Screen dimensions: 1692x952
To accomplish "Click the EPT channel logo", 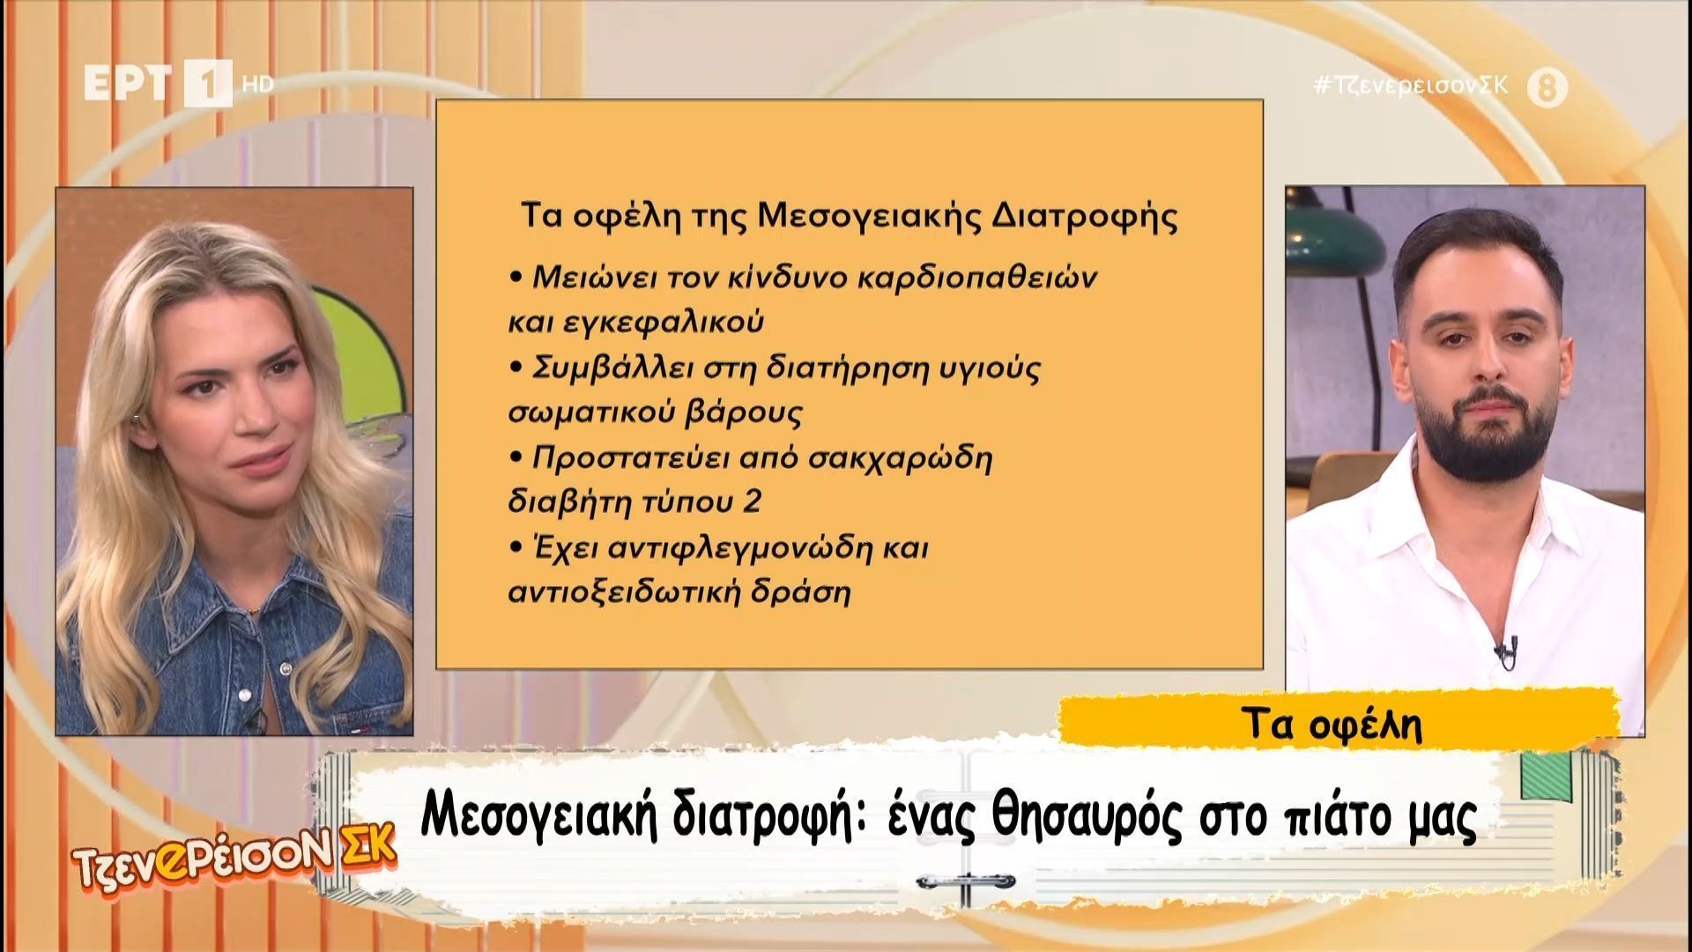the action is click(159, 83).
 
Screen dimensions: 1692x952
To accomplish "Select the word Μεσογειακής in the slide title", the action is click(865, 217).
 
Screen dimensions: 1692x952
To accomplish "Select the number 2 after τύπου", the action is click(752, 503).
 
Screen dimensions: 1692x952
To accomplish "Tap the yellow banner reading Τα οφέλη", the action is click(1339, 723).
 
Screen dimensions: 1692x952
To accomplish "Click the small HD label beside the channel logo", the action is click(257, 85).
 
